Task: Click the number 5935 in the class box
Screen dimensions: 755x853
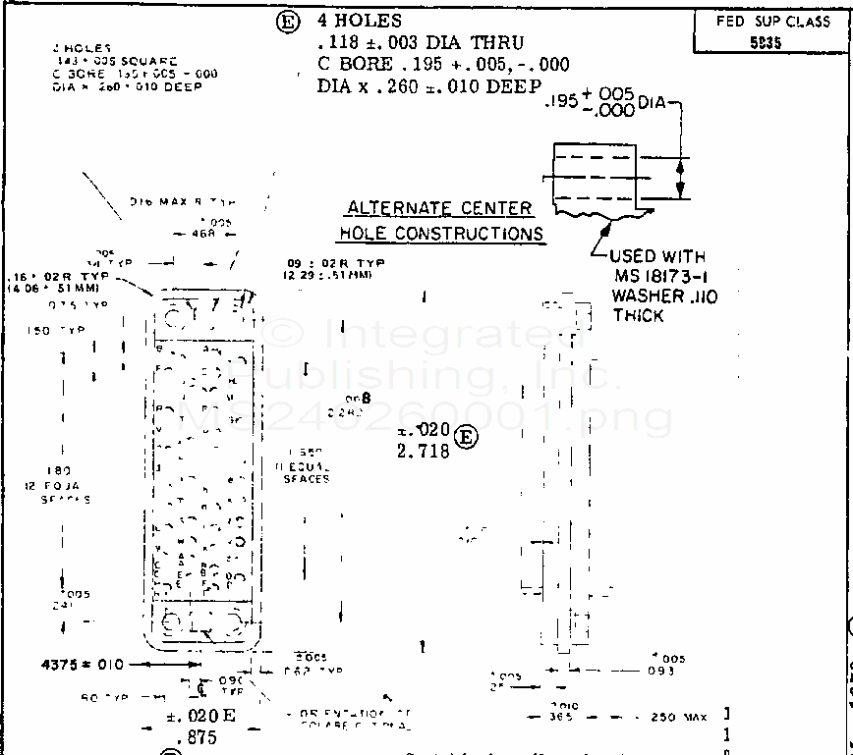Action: [x=772, y=43]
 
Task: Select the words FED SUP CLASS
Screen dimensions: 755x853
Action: [x=772, y=22]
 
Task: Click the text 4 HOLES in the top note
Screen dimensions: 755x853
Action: [x=360, y=21]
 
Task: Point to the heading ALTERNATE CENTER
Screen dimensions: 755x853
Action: [x=439, y=208]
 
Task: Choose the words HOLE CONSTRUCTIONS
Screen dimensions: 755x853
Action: [x=441, y=234]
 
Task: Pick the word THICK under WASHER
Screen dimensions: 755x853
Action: [x=639, y=315]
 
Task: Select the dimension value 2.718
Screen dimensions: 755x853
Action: [x=423, y=452]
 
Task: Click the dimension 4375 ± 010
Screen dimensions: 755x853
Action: [x=83, y=665]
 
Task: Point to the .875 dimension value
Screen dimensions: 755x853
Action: [x=197, y=736]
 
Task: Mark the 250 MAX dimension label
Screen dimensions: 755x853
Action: [x=679, y=718]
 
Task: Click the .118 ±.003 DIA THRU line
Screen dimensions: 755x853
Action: [x=421, y=43]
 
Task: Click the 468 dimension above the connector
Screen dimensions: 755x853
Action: [x=204, y=234]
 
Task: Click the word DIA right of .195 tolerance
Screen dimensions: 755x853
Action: [x=654, y=102]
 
